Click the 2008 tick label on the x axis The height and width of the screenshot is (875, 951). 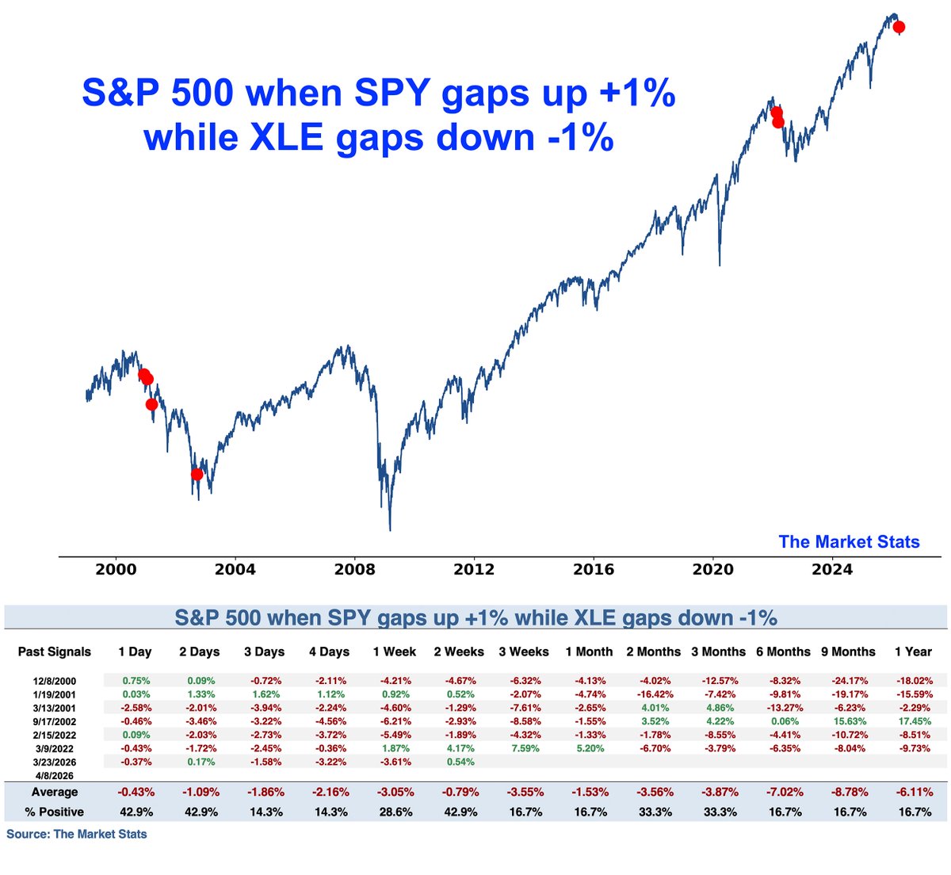tap(354, 569)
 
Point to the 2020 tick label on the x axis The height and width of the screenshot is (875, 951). tap(712, 569)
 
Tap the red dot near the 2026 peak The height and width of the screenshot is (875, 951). tap(899, 27)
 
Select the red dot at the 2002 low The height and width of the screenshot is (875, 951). tap(197, 474)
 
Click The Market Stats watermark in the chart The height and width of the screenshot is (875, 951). tap(849, 542)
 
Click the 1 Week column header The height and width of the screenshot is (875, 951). tap(394, 651)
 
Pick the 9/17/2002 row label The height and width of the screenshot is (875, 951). tap(54, 722)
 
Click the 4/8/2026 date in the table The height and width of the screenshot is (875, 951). tap(54, 776)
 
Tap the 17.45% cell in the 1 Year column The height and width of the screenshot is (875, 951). tap(913, 722)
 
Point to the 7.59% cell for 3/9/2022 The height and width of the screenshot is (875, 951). tap(523, 749)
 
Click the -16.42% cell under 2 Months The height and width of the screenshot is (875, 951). tap(653, 694)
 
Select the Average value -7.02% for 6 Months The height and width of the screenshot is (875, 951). tap(783, 793)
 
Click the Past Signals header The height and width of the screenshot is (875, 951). tap(54, 651)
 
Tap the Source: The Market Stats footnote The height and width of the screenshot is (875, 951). tap(77, 834)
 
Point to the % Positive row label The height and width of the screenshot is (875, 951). tap(54, 812)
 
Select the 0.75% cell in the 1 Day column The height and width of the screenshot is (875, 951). tap(135, 681)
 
